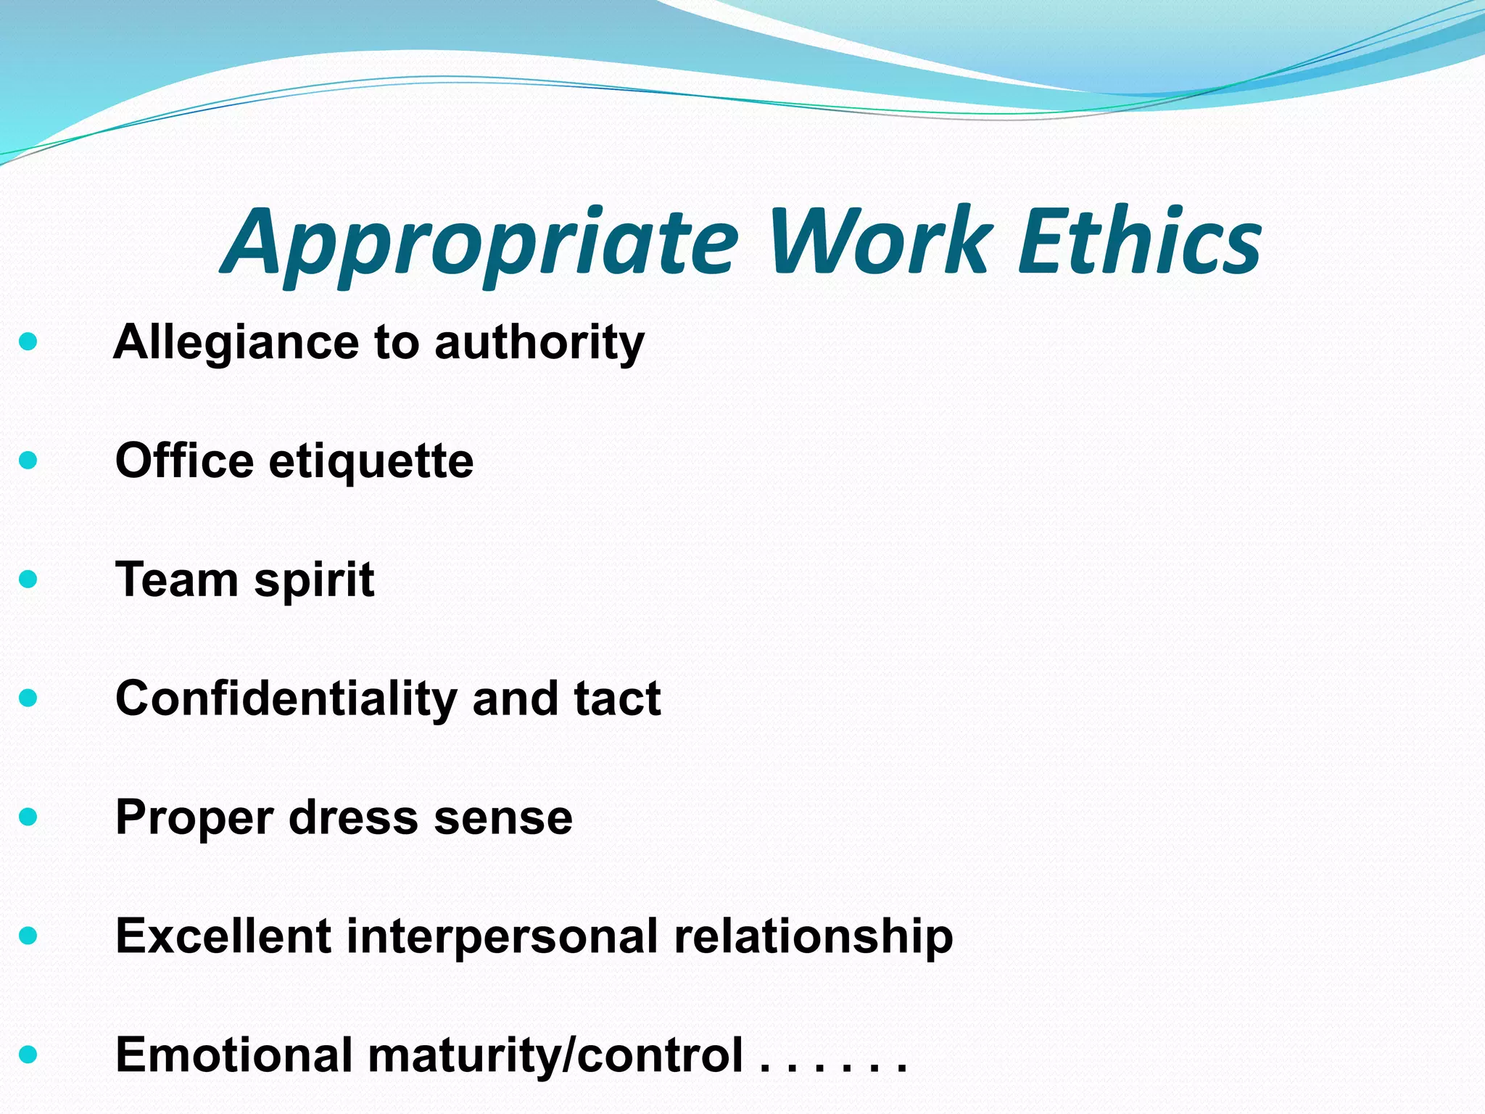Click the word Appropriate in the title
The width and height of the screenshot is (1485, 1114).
[x=479, y=243]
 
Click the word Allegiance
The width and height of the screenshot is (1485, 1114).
[x=236, y=342]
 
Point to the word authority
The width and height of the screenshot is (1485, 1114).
[x=539, y=342]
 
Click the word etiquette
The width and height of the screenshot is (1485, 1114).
[x=371, y=462]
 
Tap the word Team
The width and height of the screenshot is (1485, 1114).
[x=177, y=579]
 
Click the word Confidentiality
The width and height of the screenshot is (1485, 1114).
[x=286, y=698]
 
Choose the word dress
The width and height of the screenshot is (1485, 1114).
[x=353, y=817]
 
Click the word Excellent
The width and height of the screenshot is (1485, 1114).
[x=223, y=936]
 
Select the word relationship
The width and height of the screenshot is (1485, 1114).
[x=814, y=937]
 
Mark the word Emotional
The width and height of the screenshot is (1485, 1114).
[x=234, y=1055]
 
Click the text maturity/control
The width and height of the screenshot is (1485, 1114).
[x=556, y=1056]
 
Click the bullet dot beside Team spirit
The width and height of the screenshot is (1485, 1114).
[x=28, y=579]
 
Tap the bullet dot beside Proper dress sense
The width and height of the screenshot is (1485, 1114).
[x=28, y=817]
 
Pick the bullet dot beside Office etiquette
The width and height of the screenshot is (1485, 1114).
[x=28, y=460]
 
